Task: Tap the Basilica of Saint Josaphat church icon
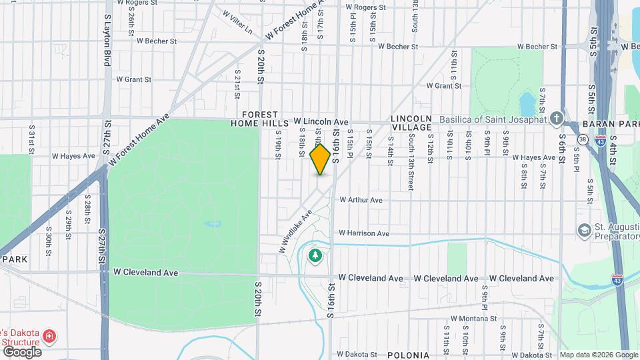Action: point(555,119)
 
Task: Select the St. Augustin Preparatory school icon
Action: point(584,230)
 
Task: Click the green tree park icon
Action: point(315,255)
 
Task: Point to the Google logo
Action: point(22,351)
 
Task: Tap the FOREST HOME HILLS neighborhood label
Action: point(259,119)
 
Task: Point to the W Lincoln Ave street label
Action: point(321,123)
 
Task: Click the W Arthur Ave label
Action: point(361,200)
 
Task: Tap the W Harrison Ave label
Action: point(363,233)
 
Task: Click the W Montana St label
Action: point(473,319)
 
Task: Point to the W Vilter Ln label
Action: point(238,22)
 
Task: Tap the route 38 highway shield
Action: point(582,139)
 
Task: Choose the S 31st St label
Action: point(31,139)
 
